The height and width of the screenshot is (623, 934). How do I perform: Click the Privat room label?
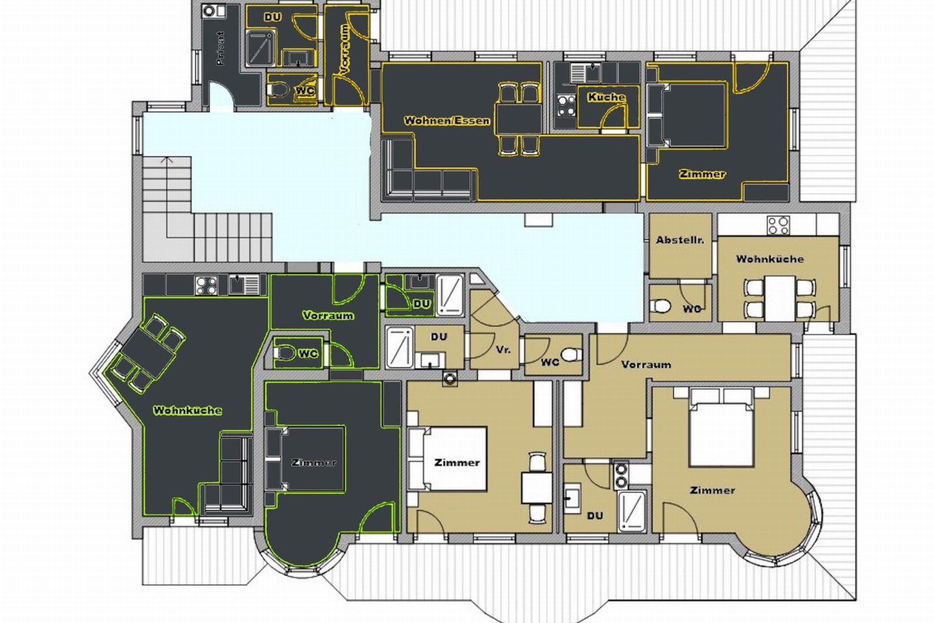(220, 49)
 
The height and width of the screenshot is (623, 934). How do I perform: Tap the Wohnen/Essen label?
(447, 121)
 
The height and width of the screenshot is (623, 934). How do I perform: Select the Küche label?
(606, 97)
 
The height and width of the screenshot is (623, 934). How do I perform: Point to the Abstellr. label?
(680, 240)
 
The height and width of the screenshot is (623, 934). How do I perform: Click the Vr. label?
(503, 350)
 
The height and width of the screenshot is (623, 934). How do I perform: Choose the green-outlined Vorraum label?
(328, 315)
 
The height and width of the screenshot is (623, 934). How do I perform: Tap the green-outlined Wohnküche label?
(187, 410)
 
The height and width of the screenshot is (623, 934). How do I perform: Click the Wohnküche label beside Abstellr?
(770, 259)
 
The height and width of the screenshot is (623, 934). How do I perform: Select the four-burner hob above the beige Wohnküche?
(779, 225)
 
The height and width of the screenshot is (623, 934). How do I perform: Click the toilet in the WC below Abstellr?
(661, 306)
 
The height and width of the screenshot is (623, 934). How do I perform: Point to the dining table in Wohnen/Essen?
(519, 119)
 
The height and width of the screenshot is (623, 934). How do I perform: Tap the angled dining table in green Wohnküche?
(148, 354)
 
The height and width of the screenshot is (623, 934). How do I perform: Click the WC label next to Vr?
(550, 362)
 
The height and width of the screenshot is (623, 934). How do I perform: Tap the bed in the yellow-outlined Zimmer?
(688, 115)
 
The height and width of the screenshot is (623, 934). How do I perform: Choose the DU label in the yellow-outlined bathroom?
(272, 17)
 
